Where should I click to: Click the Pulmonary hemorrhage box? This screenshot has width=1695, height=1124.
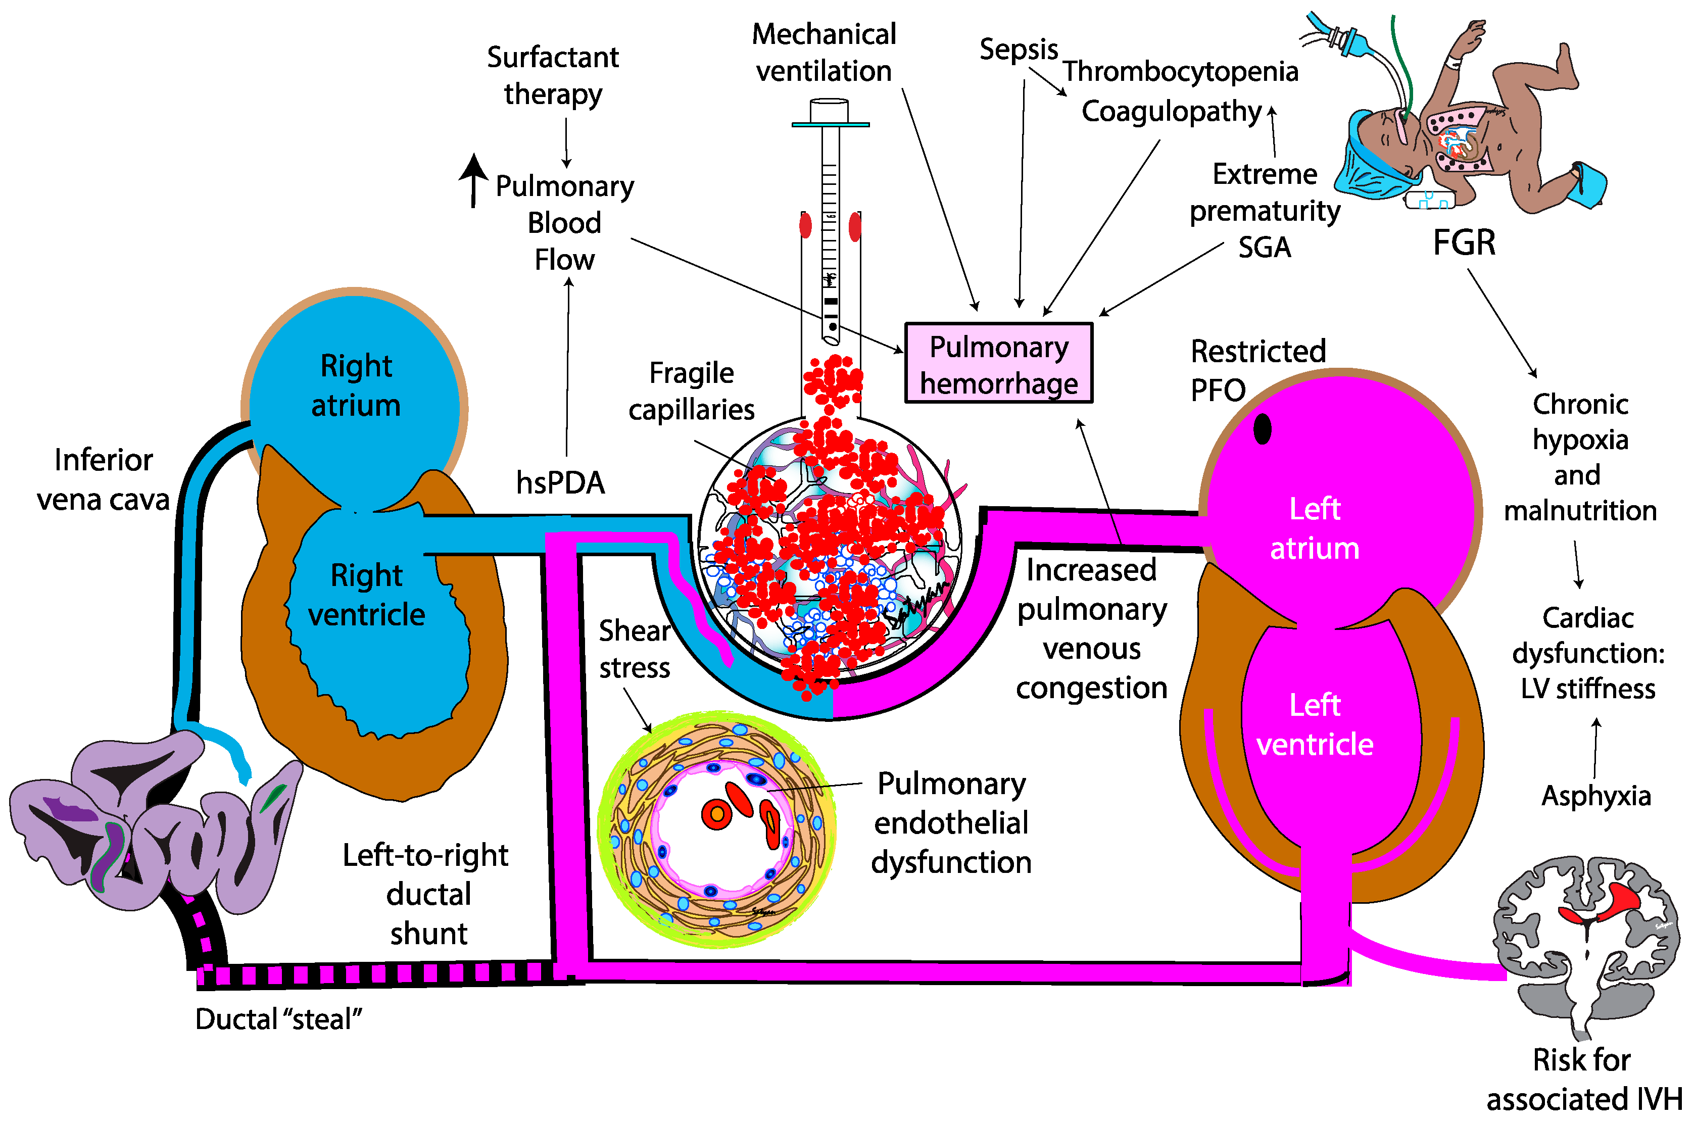(x=998, y=363)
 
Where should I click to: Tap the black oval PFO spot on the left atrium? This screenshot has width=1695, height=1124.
(x=1262, y=429)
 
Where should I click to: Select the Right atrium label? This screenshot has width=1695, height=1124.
(x=356, y=385)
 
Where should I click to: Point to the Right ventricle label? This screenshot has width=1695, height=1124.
(x=366, y=595)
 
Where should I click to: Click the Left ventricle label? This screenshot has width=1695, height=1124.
(x=1315, y=725)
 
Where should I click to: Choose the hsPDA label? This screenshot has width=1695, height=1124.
(x=560, y=483)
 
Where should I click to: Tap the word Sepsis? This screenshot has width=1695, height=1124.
(x=1019, y=50)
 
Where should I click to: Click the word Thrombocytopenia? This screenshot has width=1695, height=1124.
(x=1180, y=72)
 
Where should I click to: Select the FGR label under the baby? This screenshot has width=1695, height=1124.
(x=1464, y=242)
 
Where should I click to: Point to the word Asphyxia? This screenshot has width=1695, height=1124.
(x=1596, y=796)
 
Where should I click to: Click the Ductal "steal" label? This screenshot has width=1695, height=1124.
(x=278, y=1018)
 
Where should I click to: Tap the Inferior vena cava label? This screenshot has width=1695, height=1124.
(x=103, y=479)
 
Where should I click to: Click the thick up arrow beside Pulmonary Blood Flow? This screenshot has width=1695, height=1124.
(x=473, y=179)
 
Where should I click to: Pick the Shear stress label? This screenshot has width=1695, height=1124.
(x=634, y=649)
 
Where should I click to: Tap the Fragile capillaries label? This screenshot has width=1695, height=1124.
(x=691, y=392)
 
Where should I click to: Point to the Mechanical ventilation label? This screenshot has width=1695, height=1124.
(x=824, y=53)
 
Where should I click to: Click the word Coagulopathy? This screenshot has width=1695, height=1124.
(x=1171, y=112)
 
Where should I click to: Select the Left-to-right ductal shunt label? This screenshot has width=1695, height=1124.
(x=427, y=894)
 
